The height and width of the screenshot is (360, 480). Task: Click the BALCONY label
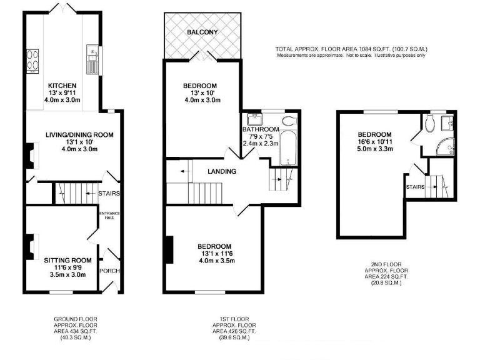pos(201,32)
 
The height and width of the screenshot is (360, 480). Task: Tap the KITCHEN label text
pos(62,86)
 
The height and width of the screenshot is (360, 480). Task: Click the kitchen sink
pos(91,61)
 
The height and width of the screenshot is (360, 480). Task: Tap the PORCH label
pos(109,271)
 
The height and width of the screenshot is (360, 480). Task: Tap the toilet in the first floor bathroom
pos(289,121)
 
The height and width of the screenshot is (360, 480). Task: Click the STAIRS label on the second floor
pos(414,186)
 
